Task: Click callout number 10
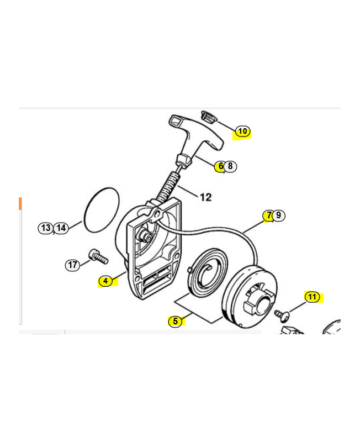[x=242, y=131]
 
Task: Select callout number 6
[x=220, y=166]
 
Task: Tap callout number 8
[x=230, y=166]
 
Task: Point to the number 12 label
[x=205, y=197]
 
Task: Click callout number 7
[x=268, y=215]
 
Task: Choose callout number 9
[x=279, y=215]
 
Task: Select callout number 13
[x=46, y=228]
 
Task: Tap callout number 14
[x=61, y=228]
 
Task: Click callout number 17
[x=72, y=265]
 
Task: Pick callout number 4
[x=105, y=281]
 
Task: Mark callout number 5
[x=175, y=321]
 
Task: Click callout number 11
[x=312, y=297]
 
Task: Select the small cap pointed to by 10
[x=209, y=117]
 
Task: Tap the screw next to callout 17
[x=98, y=256]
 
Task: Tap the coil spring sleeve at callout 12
[x=168, y=187]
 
